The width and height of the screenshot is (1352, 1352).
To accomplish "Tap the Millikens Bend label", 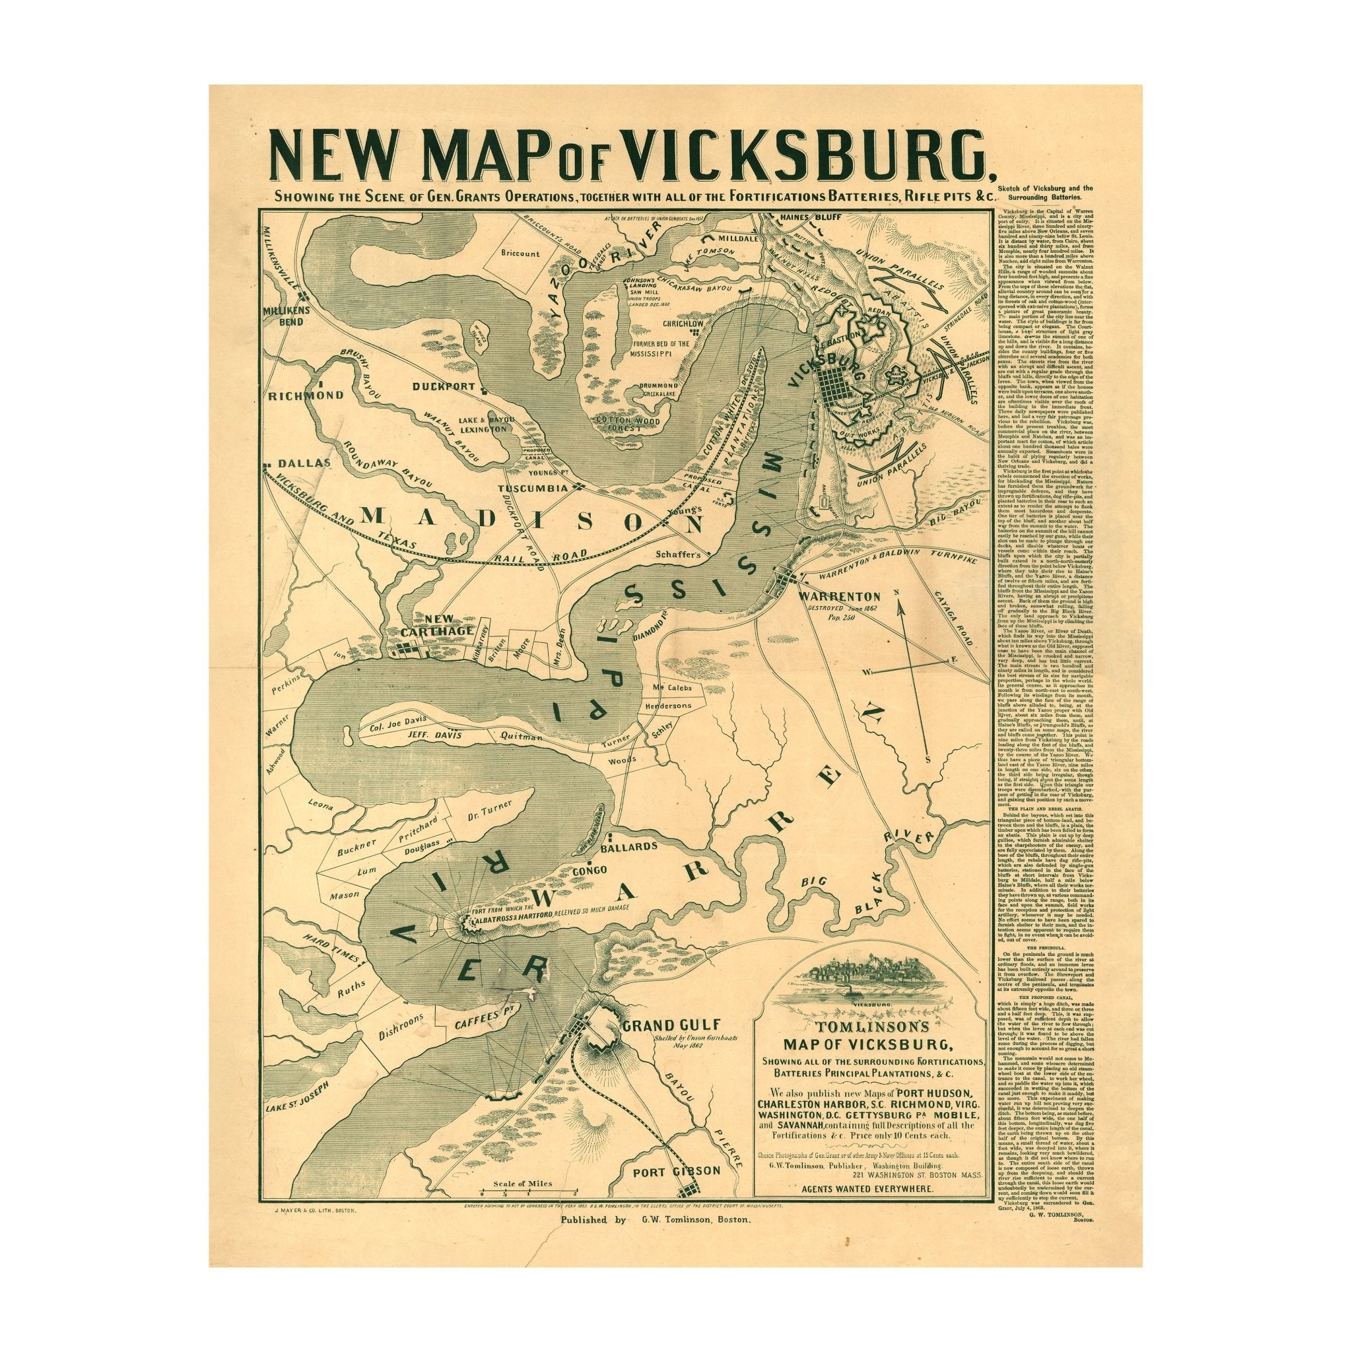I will [283, 316].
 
